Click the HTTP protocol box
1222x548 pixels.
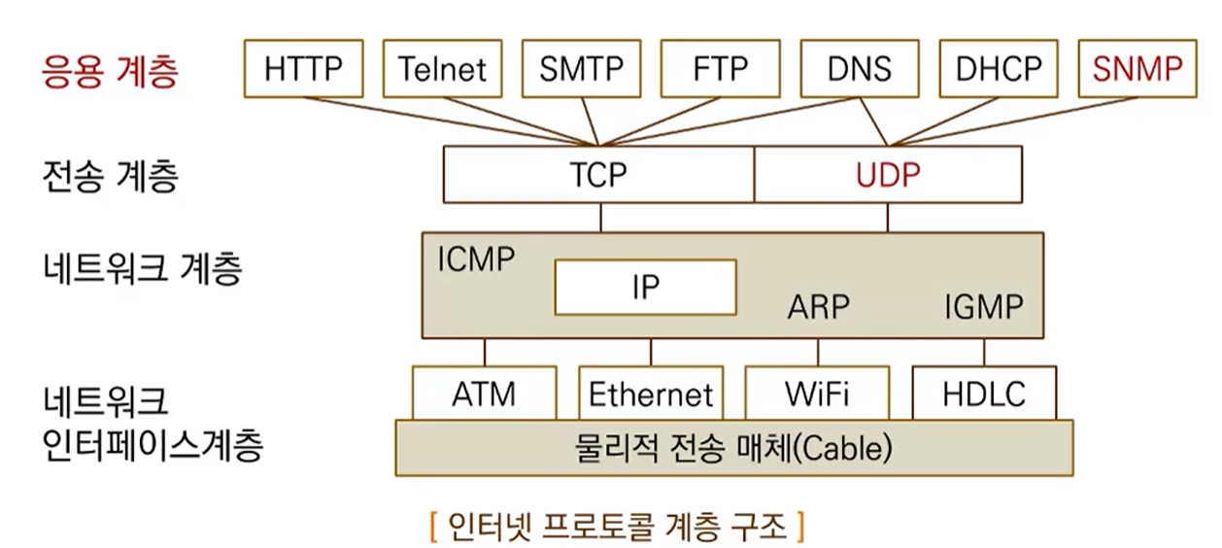(x=303, y=68)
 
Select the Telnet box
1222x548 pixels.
(x=442, y=68)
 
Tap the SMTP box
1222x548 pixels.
(x=581, y=68)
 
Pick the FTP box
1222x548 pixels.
(x=720, y=68)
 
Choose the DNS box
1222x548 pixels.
(x=859, y=68)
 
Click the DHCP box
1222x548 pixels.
(x=998, y=68)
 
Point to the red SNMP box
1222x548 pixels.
(x=1137, y=68)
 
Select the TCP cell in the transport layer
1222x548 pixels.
(x=598, y=174)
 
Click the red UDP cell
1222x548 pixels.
(x=888, y=174)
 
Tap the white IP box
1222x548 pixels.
(x=645, y=287)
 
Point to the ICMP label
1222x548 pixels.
(x=476, y=259)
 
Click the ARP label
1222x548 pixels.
(x=818, y=308)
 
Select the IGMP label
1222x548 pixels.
(x=983, y=308)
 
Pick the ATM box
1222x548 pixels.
(x=484, y=394)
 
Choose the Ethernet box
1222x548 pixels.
(x=651, y=394)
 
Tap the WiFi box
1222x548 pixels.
(x=817, y=394)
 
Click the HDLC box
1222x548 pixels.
(x=984, y=394)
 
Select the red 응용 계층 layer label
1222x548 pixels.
(x=111, y=72)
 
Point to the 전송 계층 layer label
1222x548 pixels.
(x=111, y=176)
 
